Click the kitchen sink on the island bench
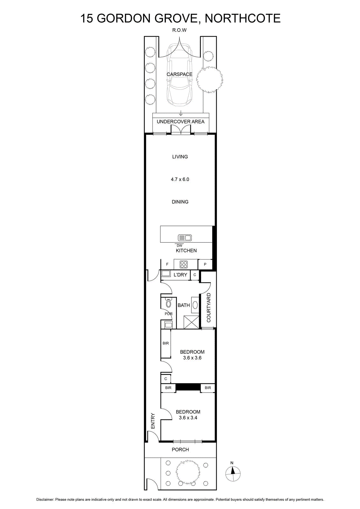[185, 238]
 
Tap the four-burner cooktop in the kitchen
[183, 264]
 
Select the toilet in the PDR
[168, 303]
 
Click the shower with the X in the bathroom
[191, 322]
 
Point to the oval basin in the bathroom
[195, 305]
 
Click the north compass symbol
[233, 474]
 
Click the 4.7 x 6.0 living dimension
[180, 179]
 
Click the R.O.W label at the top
[179, 30]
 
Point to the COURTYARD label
[209, 307]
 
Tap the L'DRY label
[180, 275]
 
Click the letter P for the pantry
[205, 264]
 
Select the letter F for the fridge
[167, 264]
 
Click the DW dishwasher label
[179, 246]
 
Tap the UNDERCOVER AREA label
[181, 122]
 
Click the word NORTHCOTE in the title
[243, 18]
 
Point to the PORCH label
[180, 450]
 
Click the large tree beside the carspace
[210, 80]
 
